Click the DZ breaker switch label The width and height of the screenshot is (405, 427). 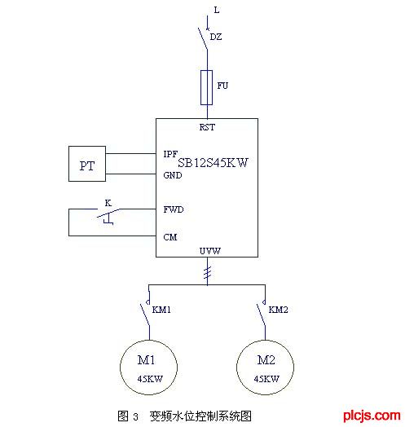click(x=216, y=37)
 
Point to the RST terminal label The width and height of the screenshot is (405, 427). click(x=207, y=127)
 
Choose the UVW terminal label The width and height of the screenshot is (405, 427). click(x=210, y=251)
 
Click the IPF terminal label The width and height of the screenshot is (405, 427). click(x=170, y=154)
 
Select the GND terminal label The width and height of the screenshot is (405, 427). click(x=173, y=175)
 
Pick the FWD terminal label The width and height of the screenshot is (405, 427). click(x=174, y=209)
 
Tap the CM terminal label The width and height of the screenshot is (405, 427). click(x=170, y=237)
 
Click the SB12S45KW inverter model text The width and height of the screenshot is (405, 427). click(x=213, y=163)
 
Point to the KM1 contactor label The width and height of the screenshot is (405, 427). click(x=161, y=310)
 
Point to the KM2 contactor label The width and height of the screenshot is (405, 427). click(x=278, y=310)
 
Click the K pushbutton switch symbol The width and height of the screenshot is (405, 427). click(x=108, y=217)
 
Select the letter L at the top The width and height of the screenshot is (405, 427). click(x=217, y=10)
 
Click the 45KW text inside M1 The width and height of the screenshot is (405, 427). click(x=150, y=379)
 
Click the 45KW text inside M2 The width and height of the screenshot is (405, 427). click(x=266, y=379)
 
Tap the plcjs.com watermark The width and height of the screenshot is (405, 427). click(x=372, y=416)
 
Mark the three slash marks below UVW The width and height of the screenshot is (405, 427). click(x=208, y=273)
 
